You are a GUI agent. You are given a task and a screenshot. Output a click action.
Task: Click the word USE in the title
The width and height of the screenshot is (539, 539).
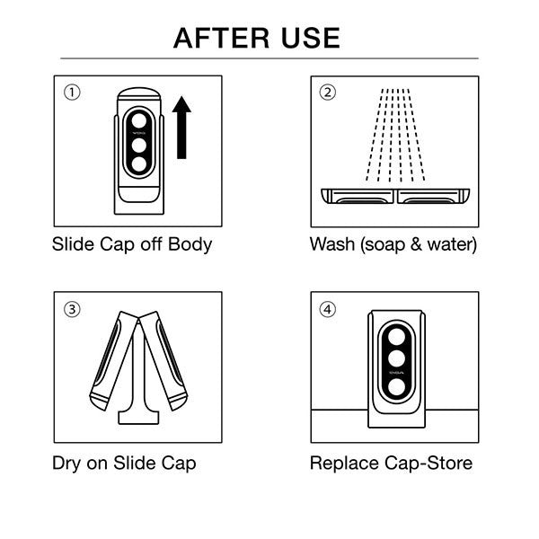tap(309, 38)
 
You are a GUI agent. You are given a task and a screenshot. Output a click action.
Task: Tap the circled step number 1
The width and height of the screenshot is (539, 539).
tap(72, 92)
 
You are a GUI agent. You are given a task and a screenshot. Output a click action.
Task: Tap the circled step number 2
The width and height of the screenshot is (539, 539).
tap(328, 92)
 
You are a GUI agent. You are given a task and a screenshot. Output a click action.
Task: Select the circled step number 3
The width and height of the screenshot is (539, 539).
tap(72, 309)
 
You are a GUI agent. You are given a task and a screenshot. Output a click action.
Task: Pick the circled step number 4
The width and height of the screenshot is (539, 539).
tap(328, 309)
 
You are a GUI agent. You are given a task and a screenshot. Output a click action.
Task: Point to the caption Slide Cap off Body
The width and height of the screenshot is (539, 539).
tap(133, 244)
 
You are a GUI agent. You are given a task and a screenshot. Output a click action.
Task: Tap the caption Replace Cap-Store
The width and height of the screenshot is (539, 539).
tap(391, 464)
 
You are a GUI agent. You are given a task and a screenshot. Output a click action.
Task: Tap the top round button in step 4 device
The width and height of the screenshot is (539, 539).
tap(395, 336)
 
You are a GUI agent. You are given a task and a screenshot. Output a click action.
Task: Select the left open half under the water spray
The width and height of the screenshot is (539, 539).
tap(358, 196)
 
